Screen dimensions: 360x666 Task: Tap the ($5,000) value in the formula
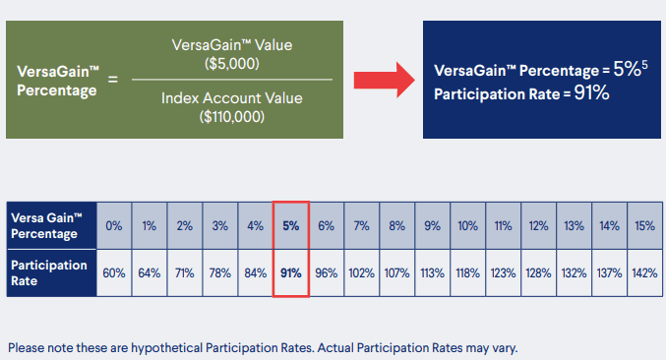tap(232, 62)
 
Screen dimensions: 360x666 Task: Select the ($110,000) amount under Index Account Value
tap(231, 115)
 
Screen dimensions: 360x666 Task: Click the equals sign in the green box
tap(112, 79)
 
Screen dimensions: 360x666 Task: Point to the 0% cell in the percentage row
tap(114, 225)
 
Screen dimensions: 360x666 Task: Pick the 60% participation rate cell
tap(114, 272)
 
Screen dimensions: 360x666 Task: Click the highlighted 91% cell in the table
tap(290, 272)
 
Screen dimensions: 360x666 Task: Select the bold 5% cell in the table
tap(290, 225)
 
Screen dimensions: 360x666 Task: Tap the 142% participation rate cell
tap(643, 272)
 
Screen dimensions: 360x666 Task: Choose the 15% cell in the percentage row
tap(643, 225)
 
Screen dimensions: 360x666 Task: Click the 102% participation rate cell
tap(361, 272)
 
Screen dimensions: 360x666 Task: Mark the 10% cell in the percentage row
tap(467, 225)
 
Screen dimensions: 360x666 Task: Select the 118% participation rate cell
tap(467, 272)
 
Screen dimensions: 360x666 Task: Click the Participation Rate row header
tap(49, 272)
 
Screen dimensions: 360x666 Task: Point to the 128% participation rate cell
tap(537, 272)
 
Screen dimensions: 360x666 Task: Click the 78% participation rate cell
tap(219, 272)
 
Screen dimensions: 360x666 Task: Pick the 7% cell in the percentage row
tap(361, 225)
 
